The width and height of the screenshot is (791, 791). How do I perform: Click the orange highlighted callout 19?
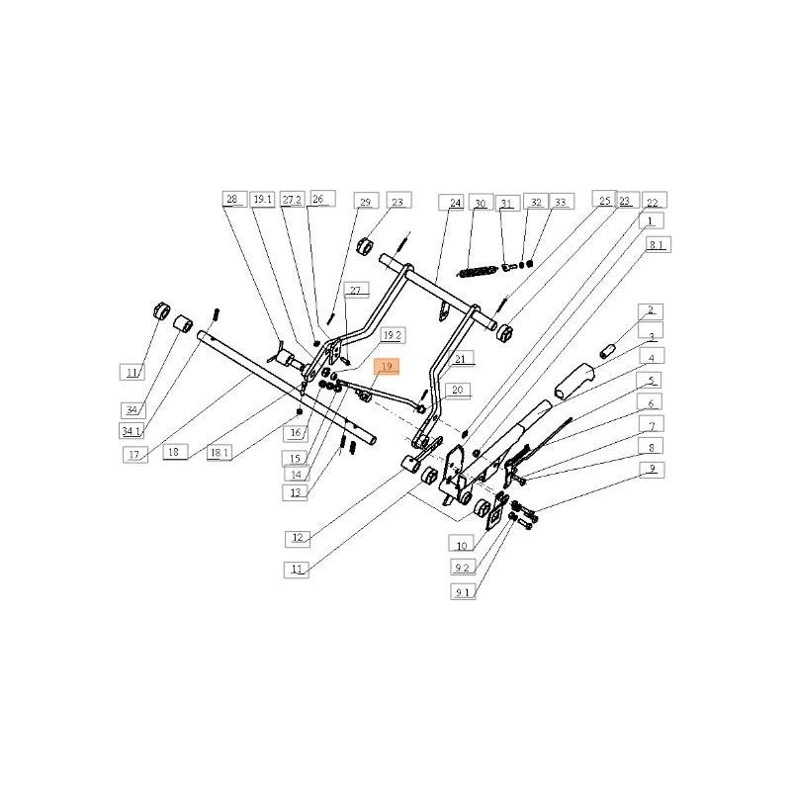[386, 366]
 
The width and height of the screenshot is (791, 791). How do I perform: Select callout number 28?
[232, 199]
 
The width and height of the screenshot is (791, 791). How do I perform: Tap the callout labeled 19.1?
[262, 199]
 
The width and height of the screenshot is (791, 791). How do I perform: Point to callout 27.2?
[292, 199]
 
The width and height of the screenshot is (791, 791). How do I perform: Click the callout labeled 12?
[298, 538]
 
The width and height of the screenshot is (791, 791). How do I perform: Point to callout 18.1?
[220, 452]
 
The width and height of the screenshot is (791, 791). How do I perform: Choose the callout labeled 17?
[135, 456]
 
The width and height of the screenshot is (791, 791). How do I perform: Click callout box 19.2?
[392, 335]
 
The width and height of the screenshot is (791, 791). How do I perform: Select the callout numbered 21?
[464, 358]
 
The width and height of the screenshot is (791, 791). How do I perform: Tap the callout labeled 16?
[295, 433]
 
